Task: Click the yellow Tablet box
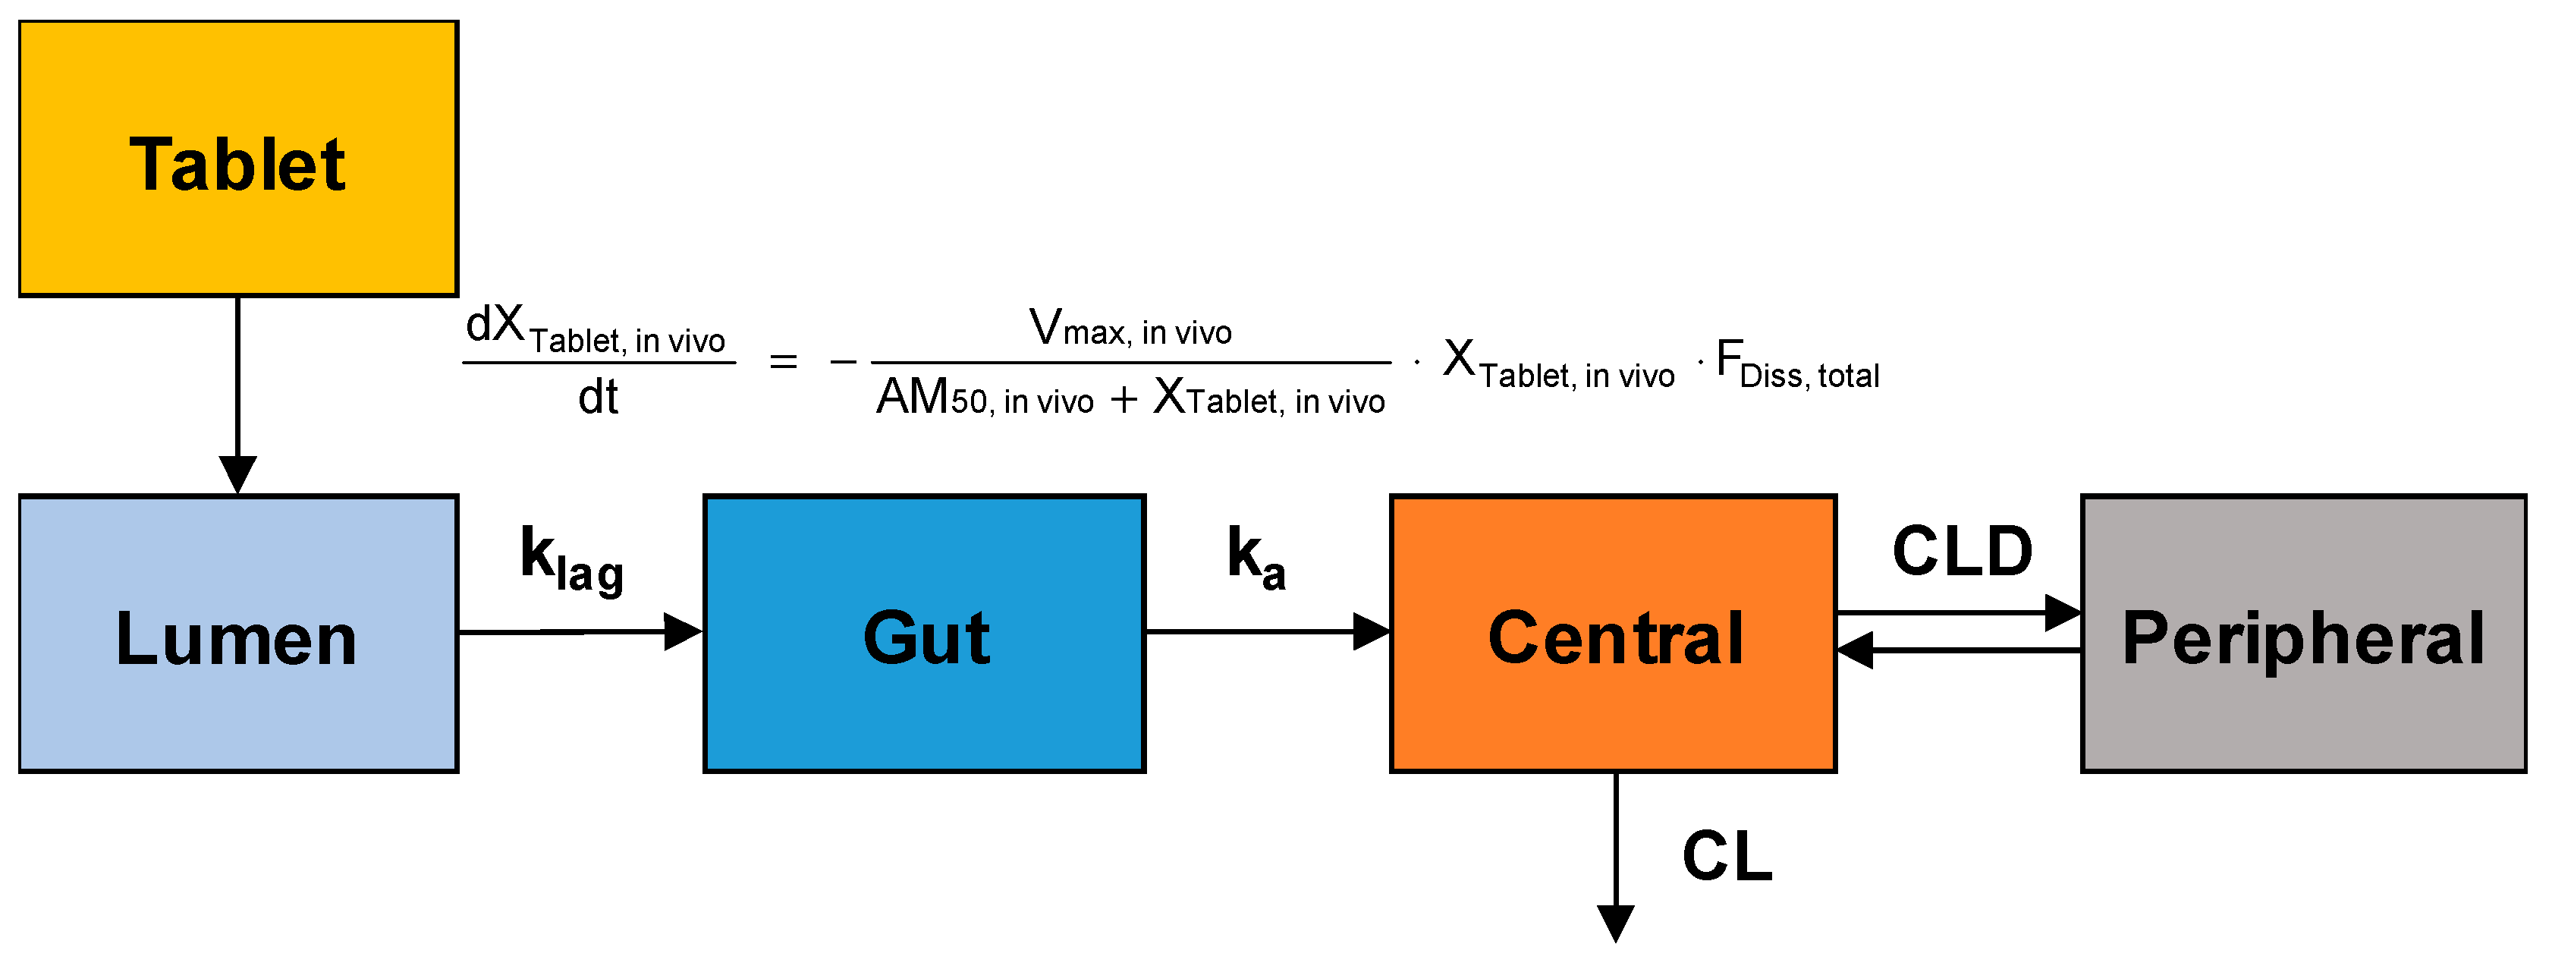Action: click(x=237, y=159)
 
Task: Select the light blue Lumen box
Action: click(x=237, y=634)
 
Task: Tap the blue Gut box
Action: click(x=924, y=634)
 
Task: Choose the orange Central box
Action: click(x=1613, y=634)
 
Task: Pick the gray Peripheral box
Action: click(x=2303, y=634)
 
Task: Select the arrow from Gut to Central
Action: click(x=1268, y=631)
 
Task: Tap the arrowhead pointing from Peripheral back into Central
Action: click(x=1856, y=651)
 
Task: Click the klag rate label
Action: click(x=572, y=560)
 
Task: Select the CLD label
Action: click(x=1962, y=551)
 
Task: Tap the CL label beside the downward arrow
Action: click(x=1727, y=856)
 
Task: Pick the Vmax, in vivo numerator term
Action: click(x=1130, y=328)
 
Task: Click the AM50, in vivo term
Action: click(x=985, y=398)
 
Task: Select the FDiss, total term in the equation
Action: click(x=1797, y=363)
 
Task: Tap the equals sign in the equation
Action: click(x=783, y=363)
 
